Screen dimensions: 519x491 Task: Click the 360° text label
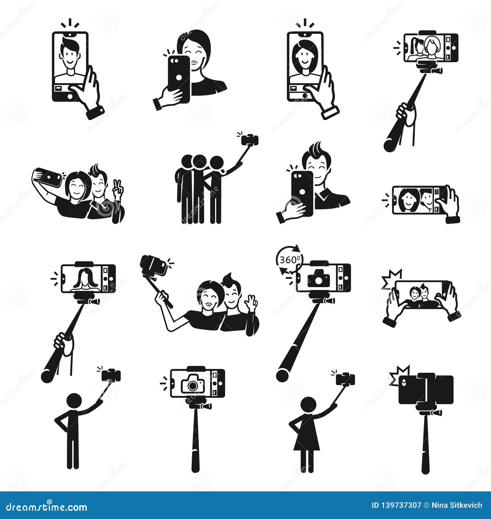click(x=289, y=260)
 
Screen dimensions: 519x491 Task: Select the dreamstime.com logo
click(x=46, y=506)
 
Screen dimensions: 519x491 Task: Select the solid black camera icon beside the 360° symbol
click(x=319, y=278)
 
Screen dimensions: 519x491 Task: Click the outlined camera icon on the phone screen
click(x=192, y=384)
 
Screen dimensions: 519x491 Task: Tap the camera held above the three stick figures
click(x=250, y=140)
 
